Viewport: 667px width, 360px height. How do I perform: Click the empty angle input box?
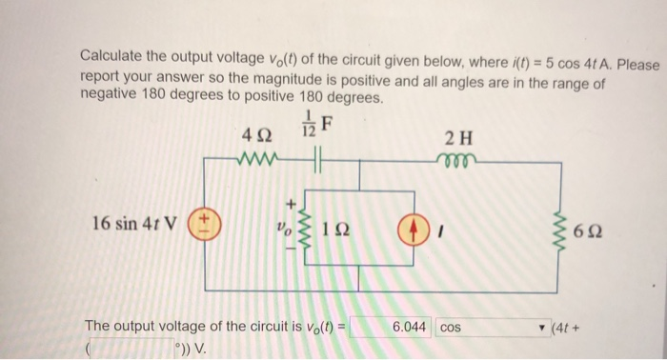click(x=130, y=347)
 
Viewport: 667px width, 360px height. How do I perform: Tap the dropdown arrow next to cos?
click(x=543, y=327)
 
